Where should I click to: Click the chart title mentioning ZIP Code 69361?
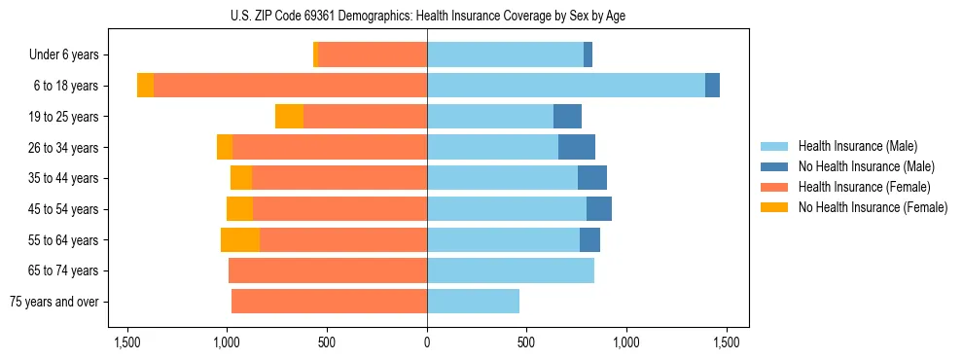coord(427,16)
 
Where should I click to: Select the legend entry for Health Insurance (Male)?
coord(857,146)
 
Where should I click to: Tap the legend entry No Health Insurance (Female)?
coord(873,207)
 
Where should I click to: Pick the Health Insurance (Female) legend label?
coord(864,187)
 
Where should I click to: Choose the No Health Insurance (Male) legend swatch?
coord(774,166)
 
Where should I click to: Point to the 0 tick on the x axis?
coord(427,342)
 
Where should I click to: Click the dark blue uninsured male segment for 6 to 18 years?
coord(712,86)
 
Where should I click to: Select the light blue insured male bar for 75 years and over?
coord(473,302)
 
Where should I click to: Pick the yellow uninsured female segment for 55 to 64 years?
coord(240,240)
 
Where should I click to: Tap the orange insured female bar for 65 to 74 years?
coord(328,270)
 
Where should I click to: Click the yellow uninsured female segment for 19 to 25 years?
coord(289,117)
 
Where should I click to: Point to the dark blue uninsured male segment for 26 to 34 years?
coord(576,148)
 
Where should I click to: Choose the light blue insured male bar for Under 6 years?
coord(505,55)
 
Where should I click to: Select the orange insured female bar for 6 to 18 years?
coord(290,86)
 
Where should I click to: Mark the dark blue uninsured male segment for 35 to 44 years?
coord(591,178)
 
